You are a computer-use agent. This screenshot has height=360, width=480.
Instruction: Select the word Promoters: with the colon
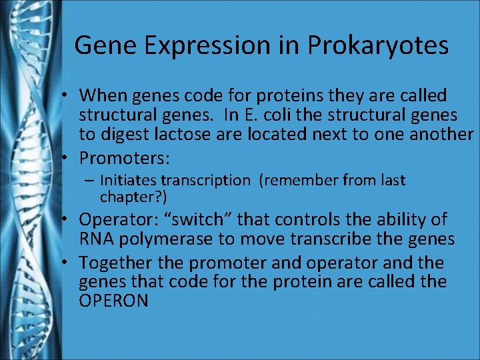click(125, 158)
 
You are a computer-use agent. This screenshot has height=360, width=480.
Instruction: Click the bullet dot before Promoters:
click(69, 158)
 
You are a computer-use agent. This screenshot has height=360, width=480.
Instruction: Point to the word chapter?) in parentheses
click(133, 197)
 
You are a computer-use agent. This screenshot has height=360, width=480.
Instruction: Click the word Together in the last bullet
click(111, 263)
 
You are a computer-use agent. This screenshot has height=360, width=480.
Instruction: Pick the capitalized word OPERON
click(113, 301)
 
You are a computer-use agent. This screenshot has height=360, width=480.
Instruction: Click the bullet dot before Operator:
click(69, 220)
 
